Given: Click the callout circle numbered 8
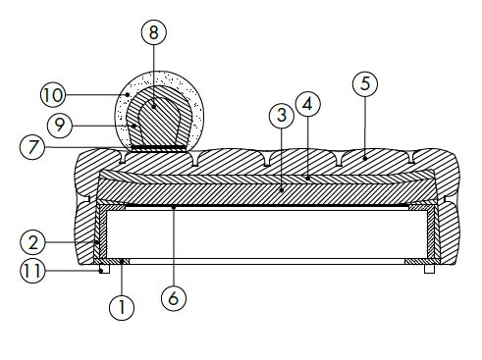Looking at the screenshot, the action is [x=153, y=32].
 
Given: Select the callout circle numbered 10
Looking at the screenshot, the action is [x=53, y=94].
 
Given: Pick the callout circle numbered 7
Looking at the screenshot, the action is [x=32, y=147].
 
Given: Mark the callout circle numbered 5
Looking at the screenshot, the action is [x=364, y=84].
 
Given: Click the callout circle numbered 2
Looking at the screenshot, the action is [x=32, y=241].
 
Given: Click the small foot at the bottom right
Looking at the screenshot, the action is [x=429, y=268].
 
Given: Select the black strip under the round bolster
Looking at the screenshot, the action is [x=160, y=148].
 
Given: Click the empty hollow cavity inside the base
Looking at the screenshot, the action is [x=265, y=235].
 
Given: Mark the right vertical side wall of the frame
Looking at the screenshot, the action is [x=429, y=235].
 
